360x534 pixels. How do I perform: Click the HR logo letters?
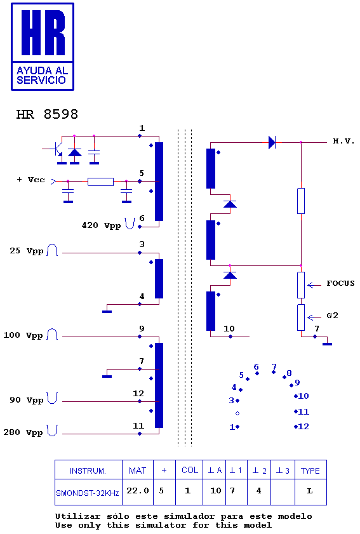click(43, 32)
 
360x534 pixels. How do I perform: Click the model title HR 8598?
click(47, 114)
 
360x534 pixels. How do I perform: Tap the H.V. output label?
click(343, 141)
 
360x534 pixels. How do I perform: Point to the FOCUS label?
click(340, 283)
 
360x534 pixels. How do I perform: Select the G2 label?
click(333, 316)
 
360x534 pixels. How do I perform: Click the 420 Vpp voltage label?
click(101, 225)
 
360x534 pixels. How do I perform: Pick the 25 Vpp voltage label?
click(26, 251)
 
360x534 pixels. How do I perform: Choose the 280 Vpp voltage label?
click(23, 432)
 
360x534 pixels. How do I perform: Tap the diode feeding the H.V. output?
click(272, 142)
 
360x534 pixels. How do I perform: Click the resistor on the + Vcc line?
click(100, 182)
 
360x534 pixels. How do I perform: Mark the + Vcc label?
click(30, 180)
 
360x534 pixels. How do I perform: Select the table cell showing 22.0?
click(138, 491)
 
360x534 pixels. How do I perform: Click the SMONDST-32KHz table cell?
click(88, 493)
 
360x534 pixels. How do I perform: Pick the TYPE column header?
click(310, 471)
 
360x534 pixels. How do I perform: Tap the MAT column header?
click(137, 471)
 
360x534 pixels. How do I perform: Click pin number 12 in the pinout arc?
click(303, 427)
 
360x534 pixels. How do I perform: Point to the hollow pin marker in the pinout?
click(237, 413)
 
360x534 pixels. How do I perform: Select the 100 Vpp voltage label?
click(23, 335)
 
